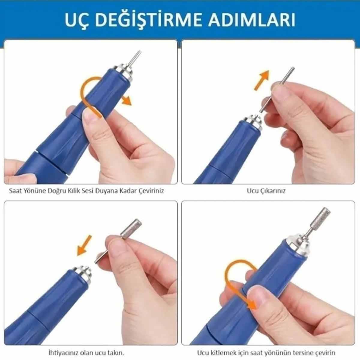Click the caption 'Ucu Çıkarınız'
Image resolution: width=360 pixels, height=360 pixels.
tap(266, 191)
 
